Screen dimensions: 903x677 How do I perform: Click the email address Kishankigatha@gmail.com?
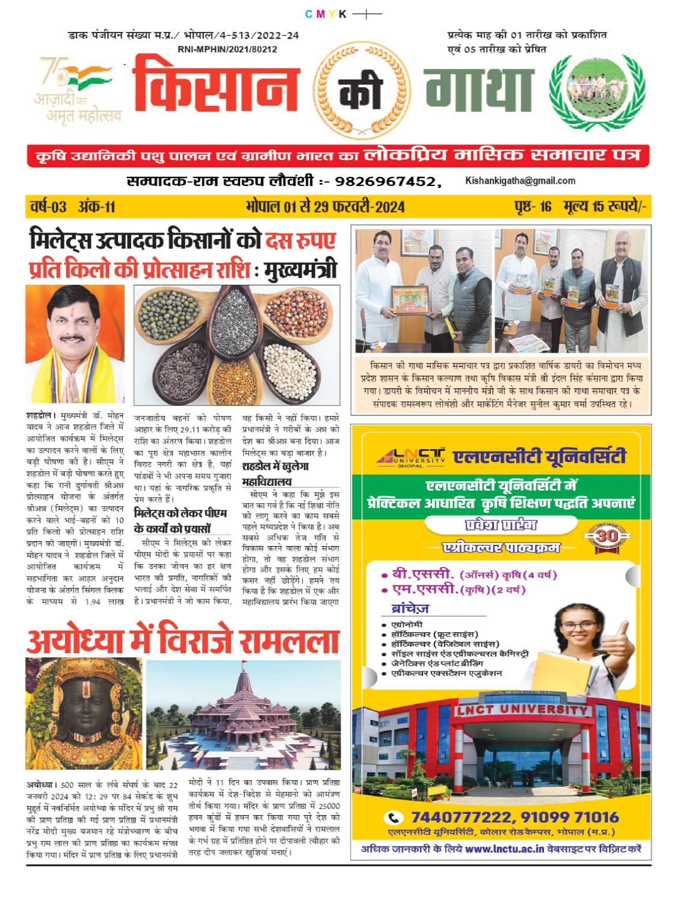coord(520,181)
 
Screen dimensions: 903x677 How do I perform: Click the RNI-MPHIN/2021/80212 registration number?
coord(227,50)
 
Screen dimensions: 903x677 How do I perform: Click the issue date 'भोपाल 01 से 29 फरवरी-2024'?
coord(325,207)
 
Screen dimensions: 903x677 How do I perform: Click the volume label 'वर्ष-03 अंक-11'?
coord(72,207)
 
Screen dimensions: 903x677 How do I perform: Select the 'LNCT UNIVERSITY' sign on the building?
coord(521,710)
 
